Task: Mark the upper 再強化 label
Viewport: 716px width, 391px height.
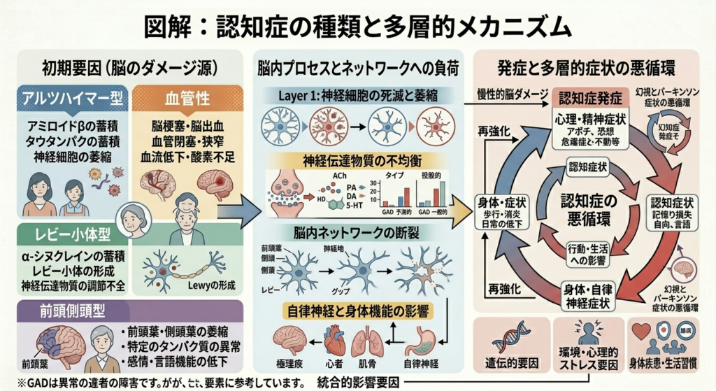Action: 493,131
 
